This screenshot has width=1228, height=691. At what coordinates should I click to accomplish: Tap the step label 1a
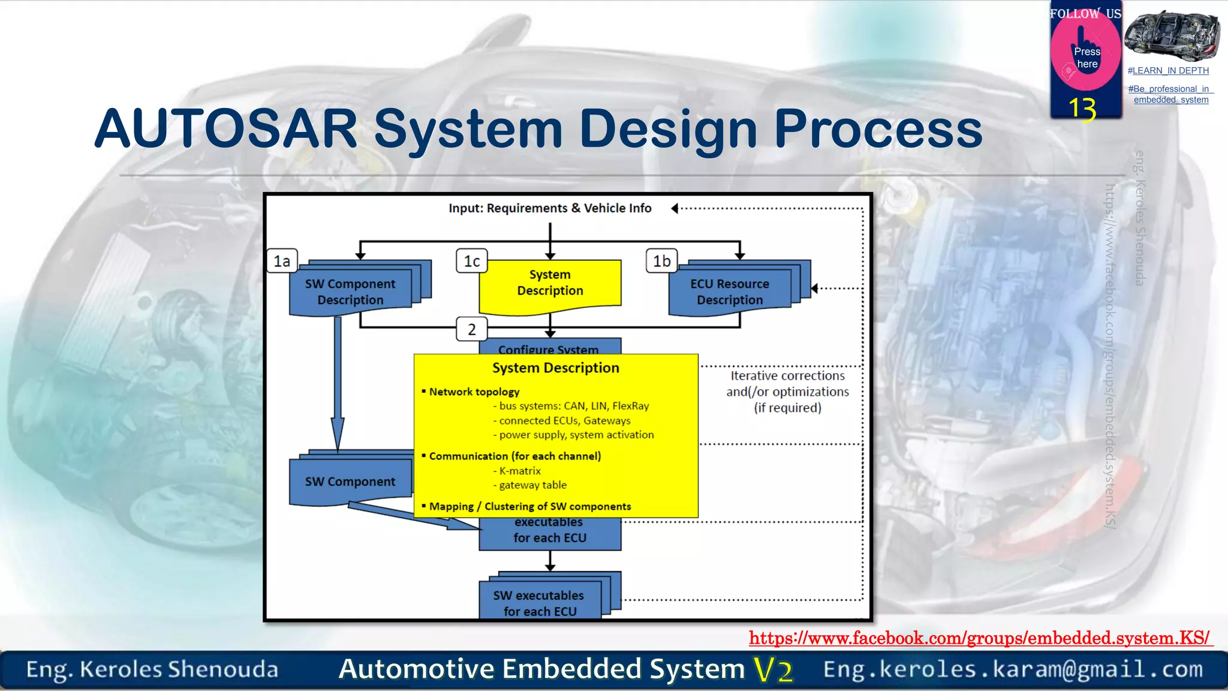pos(282,262)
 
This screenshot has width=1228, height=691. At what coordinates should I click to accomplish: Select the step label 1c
pos(472,262)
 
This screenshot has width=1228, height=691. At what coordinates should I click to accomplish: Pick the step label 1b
pos(662,262)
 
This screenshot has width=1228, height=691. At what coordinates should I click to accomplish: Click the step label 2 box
pos(472,329)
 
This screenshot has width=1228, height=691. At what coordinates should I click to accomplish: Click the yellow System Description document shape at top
pos(550,283)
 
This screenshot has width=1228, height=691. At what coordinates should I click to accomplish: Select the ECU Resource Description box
pos(730,292)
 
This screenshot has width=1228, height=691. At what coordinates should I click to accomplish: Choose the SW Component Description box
pos(350,292)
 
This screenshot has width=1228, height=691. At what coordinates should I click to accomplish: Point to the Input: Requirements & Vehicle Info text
pos(550,208)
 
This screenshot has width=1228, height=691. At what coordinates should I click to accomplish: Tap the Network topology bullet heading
pos(474,392)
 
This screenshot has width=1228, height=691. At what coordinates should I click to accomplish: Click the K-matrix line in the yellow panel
pos(519,471)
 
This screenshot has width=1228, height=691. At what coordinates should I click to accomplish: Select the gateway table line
pos(532,485)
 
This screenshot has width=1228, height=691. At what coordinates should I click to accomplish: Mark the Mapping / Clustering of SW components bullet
pos(529,507)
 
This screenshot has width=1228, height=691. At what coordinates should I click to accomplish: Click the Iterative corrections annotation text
pos(787,392)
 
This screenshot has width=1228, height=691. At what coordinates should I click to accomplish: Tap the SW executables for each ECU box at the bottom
pos(539,603)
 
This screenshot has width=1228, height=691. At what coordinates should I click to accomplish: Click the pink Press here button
pos(1086,58)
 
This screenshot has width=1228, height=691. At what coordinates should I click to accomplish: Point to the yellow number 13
pos(1082,109)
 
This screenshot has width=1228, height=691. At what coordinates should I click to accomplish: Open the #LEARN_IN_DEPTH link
pos(1168,71)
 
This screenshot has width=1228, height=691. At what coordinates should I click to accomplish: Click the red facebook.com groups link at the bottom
pos(979,638)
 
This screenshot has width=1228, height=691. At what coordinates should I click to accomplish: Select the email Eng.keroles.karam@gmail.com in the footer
pos(1013,669)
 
